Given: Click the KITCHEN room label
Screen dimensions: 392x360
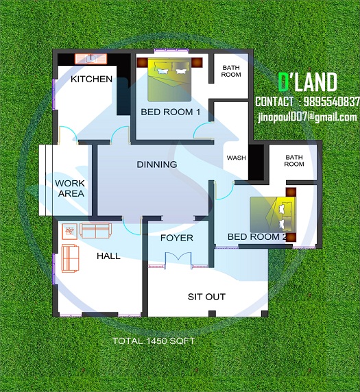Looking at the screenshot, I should (91, 79).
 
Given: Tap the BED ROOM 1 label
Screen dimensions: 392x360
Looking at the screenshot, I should (170, 112).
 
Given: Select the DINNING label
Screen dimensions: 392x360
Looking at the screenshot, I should (156, 164).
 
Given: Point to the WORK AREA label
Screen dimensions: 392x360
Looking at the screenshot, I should (70, 188).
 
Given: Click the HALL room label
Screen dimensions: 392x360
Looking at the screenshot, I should (108, 256).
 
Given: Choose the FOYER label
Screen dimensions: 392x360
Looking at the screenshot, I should (176, 238).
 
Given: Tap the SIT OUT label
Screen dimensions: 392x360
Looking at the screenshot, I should (206, 297).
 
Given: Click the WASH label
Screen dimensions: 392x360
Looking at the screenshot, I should (236, 158).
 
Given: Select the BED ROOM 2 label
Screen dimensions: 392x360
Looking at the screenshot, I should (257, 237).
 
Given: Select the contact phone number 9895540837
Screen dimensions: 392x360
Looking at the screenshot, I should (329, 101).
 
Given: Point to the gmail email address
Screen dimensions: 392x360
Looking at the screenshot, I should (307, 117).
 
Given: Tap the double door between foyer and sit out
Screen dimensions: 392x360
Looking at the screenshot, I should (177, 259).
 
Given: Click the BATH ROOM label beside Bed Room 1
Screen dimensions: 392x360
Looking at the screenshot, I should (230, 71).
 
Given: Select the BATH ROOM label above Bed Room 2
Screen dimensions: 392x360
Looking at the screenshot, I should (294, 160).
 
